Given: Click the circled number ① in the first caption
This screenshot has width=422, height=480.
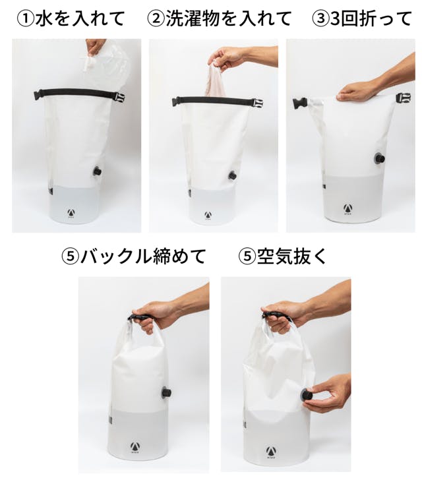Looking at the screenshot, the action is point(25,20).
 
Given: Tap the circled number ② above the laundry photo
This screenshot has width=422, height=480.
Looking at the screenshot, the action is point(156,20).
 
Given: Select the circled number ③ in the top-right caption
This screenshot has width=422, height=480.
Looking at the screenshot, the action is point(320,20).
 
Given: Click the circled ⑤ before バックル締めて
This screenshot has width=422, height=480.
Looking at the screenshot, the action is point(70,256).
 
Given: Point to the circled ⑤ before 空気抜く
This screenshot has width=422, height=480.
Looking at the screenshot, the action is point(247,256).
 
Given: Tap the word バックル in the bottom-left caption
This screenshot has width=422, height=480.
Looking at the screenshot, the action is point(116,256).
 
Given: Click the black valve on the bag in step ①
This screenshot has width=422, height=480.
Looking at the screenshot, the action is point(98,171).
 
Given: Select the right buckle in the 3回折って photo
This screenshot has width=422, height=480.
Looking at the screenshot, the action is point(404,98).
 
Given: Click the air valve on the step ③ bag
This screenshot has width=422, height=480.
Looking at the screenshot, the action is point(380,158).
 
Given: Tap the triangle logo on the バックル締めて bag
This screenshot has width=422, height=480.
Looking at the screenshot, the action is point(134,447).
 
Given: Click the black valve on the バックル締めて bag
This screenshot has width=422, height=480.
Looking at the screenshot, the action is point(166,392).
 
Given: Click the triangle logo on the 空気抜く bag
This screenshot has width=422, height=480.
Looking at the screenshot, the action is point(270,451).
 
